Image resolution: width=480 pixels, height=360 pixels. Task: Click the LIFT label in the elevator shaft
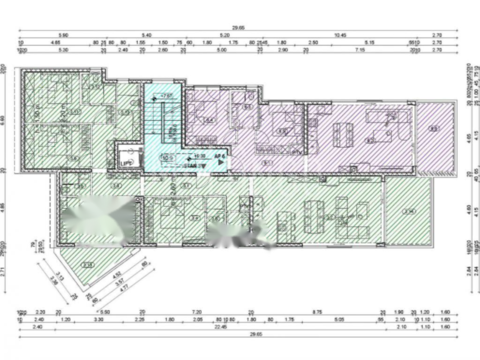125,164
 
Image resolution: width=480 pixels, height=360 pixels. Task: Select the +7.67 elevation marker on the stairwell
165,96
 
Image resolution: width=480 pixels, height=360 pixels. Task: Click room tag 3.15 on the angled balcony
88,265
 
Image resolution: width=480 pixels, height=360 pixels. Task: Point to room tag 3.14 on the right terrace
409,211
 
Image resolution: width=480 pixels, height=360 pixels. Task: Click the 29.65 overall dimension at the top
238,28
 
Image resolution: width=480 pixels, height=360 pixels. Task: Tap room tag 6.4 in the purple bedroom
210,120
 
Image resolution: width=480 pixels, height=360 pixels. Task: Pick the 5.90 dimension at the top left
63,35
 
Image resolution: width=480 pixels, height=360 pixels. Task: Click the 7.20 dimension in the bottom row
197,312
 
